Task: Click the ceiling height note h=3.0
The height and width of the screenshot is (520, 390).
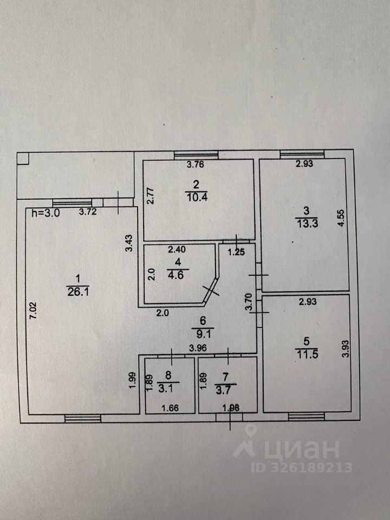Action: coord(45,213)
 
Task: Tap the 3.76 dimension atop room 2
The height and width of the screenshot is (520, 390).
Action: coord(196,165)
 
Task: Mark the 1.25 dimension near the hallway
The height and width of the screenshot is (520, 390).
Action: coord(236,251)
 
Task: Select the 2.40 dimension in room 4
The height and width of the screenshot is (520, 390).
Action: coord(177,250)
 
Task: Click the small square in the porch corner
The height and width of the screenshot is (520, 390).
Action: coord(23,159)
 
